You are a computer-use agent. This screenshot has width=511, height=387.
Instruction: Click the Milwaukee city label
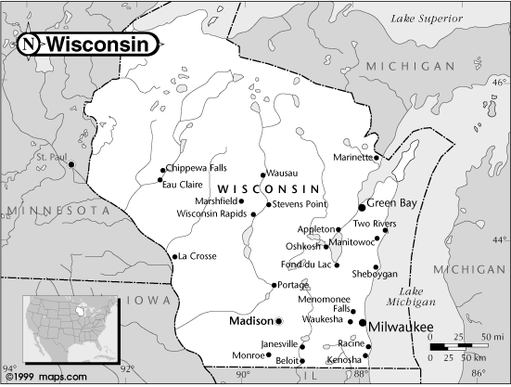(x=401, y=327)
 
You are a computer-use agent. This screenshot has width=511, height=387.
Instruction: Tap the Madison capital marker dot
(x=278, y=320)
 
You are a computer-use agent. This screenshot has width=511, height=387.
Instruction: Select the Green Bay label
(x=390, y=202)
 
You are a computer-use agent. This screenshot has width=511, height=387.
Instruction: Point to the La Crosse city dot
(x=173, y=256)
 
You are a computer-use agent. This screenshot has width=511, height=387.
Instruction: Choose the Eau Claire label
(x=182, y=183)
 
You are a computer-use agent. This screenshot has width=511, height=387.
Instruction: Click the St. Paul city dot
(x=72, y=165)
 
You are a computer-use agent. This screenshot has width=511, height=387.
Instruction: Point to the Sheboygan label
(x=374, y=275)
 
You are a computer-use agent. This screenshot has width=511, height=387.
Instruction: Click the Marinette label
(x=352, y=157)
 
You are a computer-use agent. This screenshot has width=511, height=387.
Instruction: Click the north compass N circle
(x=30, y=44)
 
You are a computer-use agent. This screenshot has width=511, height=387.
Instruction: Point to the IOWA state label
(x=147, y=301)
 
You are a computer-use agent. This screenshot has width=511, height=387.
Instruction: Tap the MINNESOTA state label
(x=55, y=212)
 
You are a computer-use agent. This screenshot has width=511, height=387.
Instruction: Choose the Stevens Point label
(x=298, y=204)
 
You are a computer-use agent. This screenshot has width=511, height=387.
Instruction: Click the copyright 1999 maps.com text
(x=45, y=377)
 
